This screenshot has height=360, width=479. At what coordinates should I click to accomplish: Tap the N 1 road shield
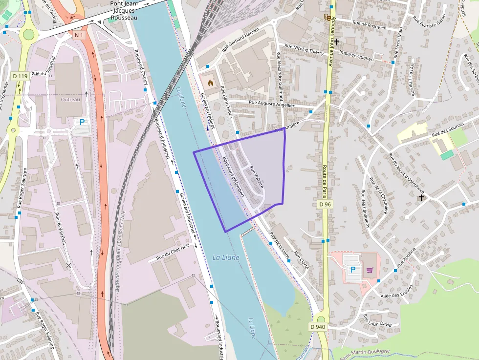pos(80,35)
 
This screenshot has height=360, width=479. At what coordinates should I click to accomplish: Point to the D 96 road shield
pos(325,204)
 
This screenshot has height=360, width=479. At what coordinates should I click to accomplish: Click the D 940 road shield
pos(318,326)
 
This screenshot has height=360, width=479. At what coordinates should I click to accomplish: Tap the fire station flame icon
pos(210,83)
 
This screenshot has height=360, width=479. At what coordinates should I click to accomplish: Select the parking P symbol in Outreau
pos(82,123)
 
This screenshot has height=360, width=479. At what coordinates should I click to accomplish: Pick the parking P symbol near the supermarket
pos(352,269)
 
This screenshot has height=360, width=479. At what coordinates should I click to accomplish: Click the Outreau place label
pos(70,99)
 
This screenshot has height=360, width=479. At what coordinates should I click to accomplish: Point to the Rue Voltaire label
pos(257,177)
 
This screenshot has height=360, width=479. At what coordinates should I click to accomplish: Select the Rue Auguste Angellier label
pos(271,104)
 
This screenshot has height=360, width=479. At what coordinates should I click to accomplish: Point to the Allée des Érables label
pos(396,292)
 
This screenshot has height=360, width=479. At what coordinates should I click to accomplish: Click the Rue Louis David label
pos(377,321)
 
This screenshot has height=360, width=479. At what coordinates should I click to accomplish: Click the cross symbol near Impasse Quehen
pos(337,42)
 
